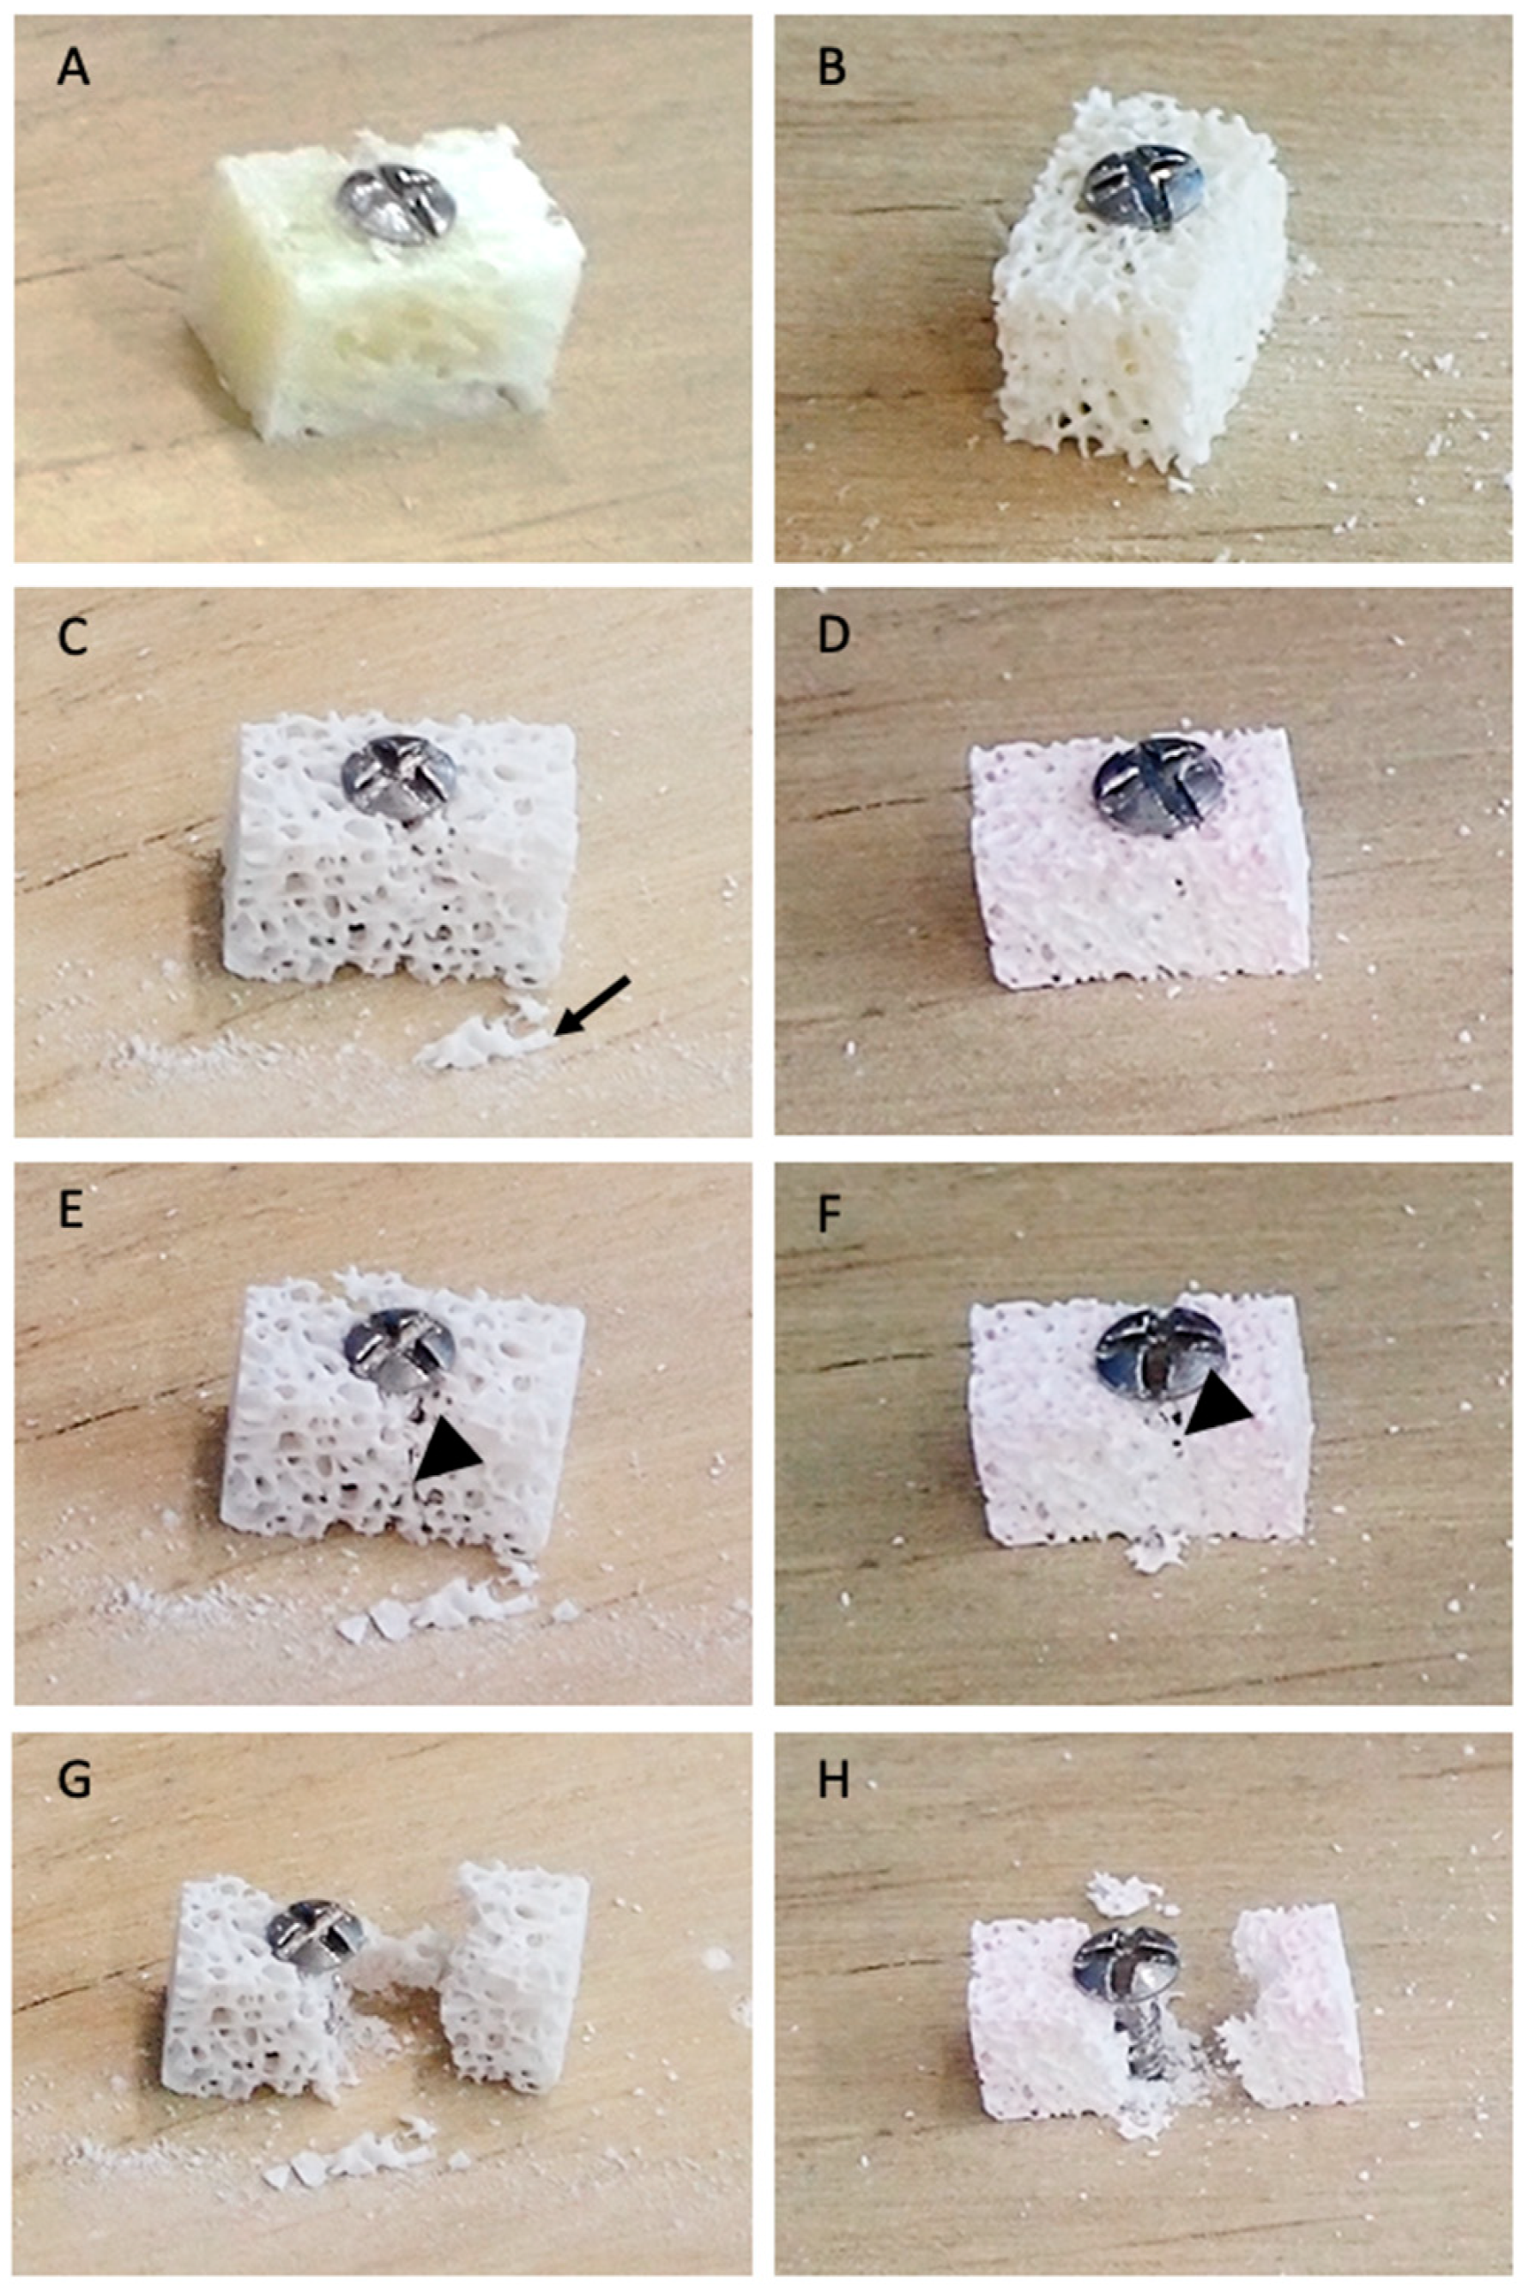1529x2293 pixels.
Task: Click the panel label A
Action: (73, 69)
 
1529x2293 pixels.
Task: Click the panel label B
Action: (831, 69)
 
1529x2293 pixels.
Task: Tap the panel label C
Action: (72, 636)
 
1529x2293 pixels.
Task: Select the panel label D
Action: (834, 636)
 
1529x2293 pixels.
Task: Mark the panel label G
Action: (74, 1780)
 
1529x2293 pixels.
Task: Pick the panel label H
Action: (834, 1780)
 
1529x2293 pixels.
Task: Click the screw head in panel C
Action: (398, 776)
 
